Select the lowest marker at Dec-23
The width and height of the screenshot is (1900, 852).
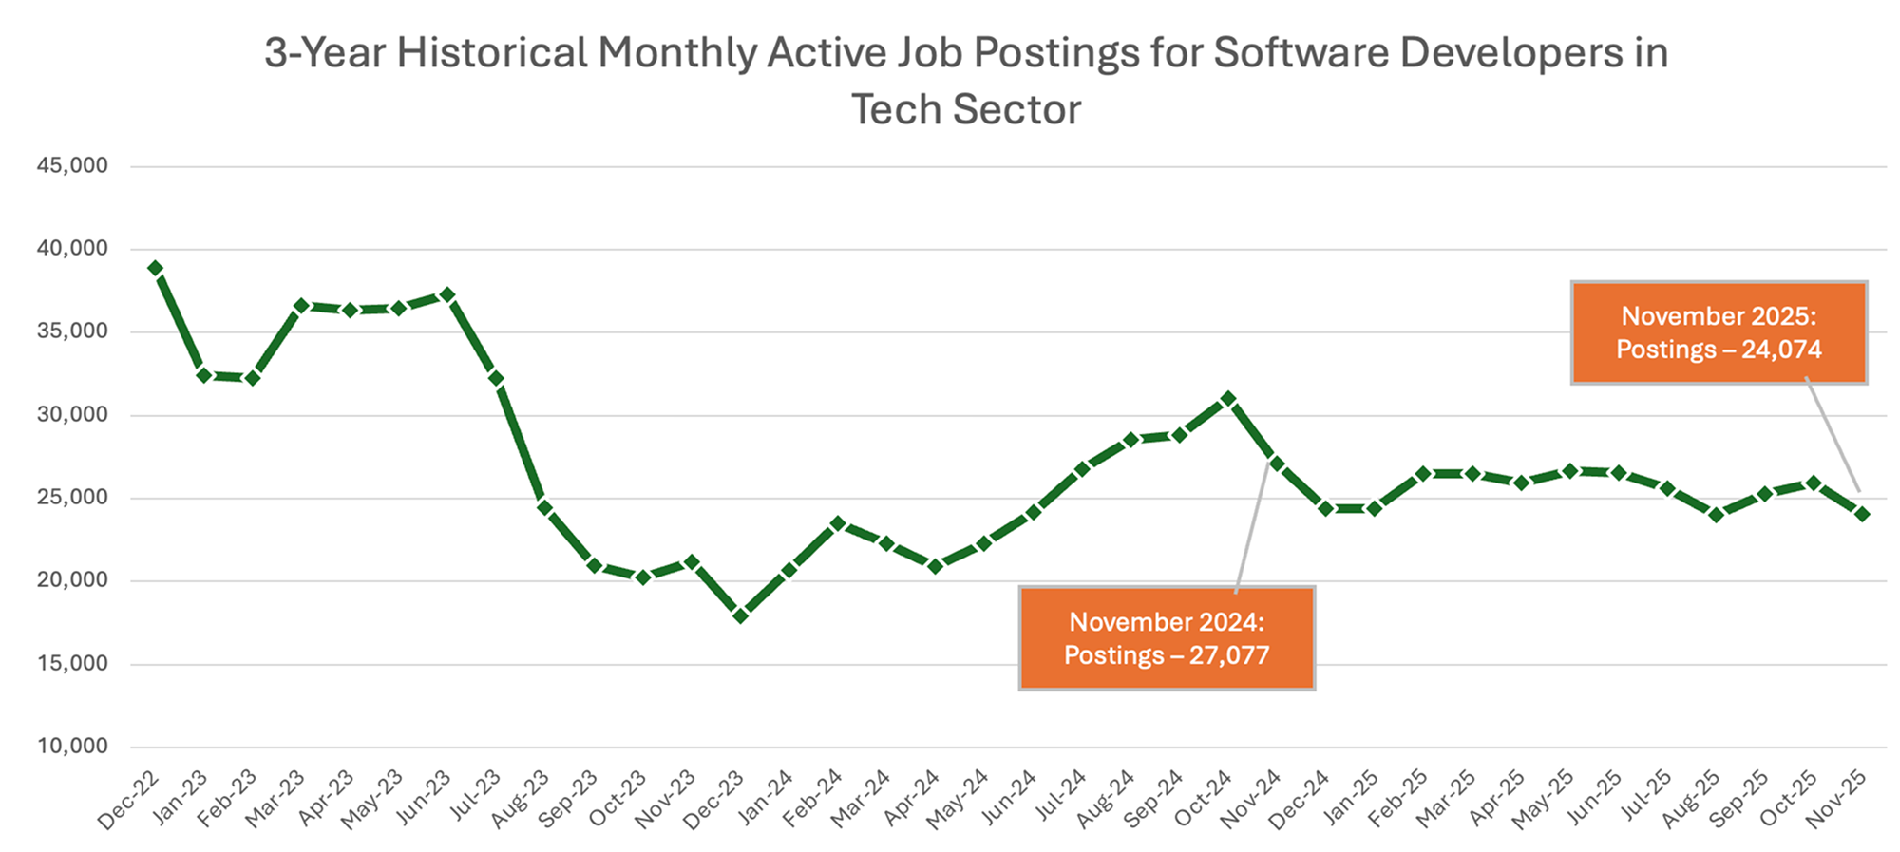point(741,615)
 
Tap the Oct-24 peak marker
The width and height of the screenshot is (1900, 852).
point(1228,399)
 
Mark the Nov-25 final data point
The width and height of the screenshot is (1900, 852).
point(1862,514)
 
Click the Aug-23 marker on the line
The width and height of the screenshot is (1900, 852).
point(545,507)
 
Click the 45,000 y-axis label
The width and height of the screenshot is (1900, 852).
point(72,165)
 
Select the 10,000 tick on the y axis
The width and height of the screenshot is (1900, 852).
point(72,746)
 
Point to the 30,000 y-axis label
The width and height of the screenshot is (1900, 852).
point(72,414)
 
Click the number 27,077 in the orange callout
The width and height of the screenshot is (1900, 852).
point(1229,655)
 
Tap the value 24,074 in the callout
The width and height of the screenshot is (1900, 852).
point(1781,350)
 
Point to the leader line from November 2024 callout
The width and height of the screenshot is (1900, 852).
point(1252,527)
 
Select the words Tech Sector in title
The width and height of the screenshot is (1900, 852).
point(965,109)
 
